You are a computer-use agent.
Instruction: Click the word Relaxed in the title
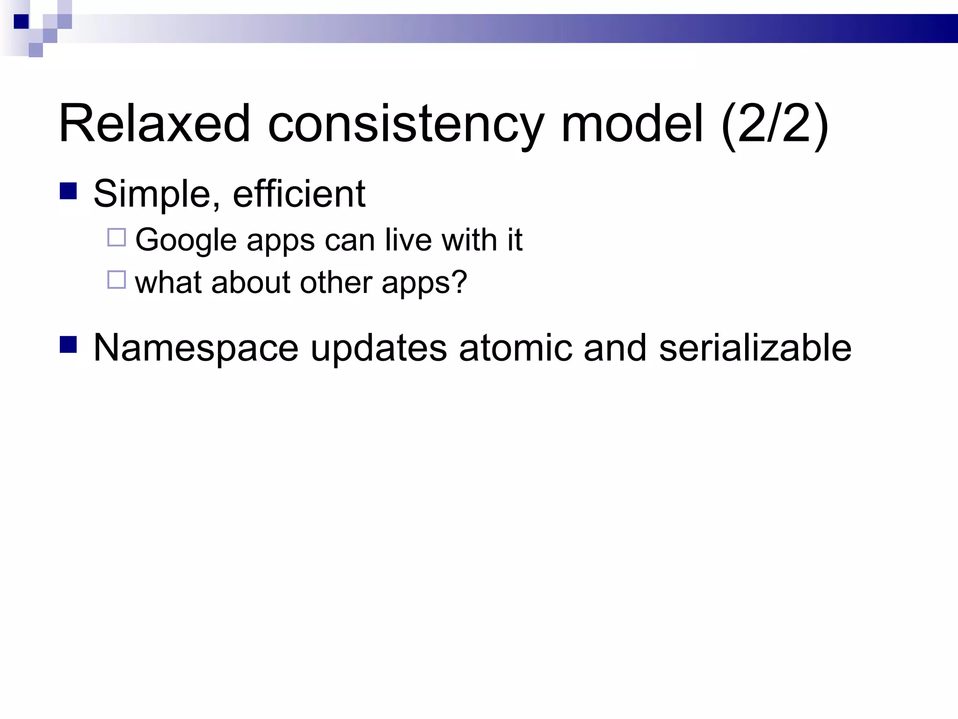click(154, 124)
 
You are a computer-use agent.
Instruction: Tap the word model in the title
click(632, 124)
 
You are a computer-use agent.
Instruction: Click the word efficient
click(299, 194)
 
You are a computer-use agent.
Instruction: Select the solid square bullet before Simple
click(68, 191)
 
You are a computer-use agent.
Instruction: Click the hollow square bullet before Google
click(116, 237)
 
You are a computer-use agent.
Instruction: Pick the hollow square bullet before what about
click(116, 280)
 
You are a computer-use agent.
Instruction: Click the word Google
click(186, 241)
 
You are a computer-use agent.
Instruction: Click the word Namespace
click(196, 348)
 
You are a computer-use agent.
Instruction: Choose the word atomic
click(515, 348)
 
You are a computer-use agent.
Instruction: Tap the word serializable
click(755, 348)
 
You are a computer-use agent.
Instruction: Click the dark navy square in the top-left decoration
click(22, 22)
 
